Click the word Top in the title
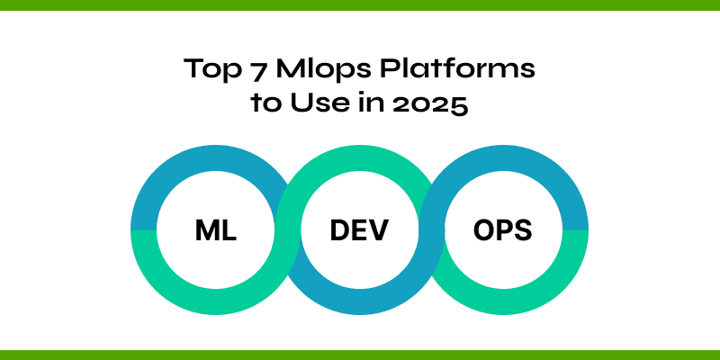point(206,68)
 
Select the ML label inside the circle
point(216,230)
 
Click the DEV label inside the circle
point(359,230)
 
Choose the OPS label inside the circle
point(502,230)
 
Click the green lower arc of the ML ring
point(216,302)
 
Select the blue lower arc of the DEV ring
point(359,302)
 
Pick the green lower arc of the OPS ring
point(502,302)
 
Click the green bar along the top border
point(360,4)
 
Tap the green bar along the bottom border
point(360,355)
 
